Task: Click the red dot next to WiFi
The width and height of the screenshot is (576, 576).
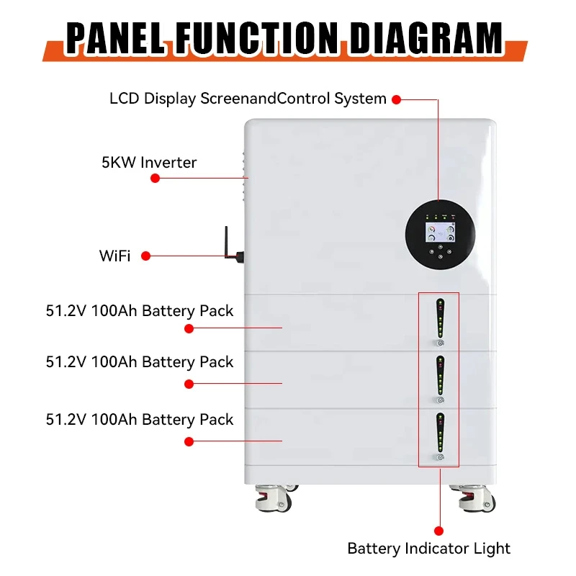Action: tap(145, 255)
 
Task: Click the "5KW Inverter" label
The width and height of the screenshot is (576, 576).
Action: tap(149, 162)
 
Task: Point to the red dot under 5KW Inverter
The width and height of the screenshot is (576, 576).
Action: tap(155, 177)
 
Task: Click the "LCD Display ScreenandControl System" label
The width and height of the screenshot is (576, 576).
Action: tap(248, 99)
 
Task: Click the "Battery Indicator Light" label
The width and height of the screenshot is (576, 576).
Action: tap(428, 548)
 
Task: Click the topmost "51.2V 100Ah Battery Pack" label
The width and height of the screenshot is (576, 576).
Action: tap(140, 311)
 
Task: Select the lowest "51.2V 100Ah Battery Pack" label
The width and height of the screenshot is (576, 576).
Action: tap(140, 419)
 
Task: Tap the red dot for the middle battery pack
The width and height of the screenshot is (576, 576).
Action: tap(189, 384)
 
